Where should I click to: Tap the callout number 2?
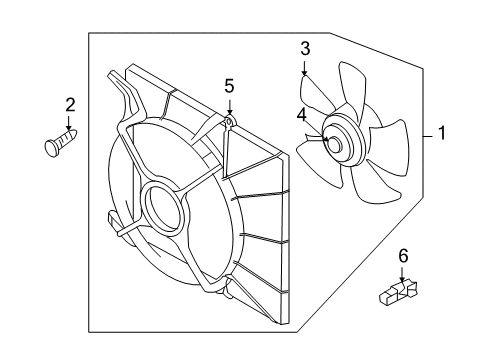70,104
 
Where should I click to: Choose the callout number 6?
404,258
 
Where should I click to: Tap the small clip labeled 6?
399,292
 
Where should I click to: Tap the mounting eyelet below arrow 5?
229,122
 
